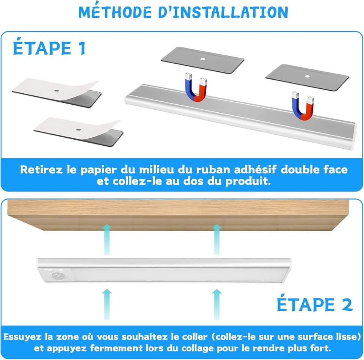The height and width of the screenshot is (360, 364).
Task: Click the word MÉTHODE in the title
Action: pyautogui.click(x=115, y=12)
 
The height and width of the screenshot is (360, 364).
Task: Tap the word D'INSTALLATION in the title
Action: pyautogui.click(x=223, y=12)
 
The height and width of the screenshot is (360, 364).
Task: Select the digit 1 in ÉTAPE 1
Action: pyautogui.click(x=82, y=48)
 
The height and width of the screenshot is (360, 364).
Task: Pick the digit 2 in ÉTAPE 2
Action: pyautogui.click(x=347, y=305)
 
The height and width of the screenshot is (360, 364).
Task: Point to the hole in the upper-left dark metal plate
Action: pyautogui.click(x=202, y=59)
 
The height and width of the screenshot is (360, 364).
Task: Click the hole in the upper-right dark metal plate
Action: pyautogui.click(x=308, y=76)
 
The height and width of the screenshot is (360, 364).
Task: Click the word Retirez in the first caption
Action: pyautogui.click(x=41, y=170)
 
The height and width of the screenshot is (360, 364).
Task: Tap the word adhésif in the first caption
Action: pyautogui.click(x=255, y=170)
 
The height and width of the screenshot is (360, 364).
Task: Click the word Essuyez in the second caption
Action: pyautogui.click(x=22, y=337)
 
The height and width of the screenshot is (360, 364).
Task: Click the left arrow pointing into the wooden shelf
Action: pyautogui.click(x=107, y=239)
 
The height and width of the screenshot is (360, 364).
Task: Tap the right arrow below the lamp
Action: pyautogui.click(x=217, y=304)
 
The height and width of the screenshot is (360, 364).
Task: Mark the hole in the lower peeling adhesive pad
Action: pyautogui.click(x=78, y=129)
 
